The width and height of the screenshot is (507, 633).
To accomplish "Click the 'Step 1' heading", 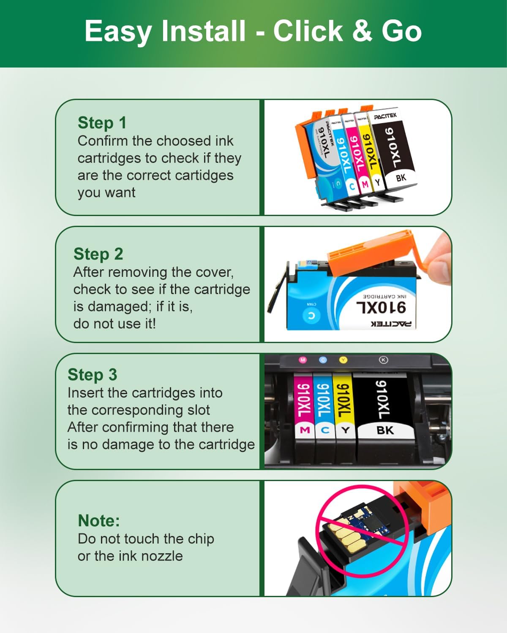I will [x=102, y=123].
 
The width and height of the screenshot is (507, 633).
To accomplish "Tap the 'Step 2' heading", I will [x=98, y=254].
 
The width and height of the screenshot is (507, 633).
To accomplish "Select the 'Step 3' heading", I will [x=92, y=375].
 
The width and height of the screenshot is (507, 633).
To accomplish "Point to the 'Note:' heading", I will [x=99, y=521].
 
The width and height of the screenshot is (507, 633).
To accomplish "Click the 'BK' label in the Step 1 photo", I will [x=401, y=178].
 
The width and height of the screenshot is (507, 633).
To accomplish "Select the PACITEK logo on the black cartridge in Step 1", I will [x=385, y=116].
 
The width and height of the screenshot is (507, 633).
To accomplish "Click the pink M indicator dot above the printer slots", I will [x=303, y=360].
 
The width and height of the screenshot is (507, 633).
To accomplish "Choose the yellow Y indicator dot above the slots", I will [x=343, y=360].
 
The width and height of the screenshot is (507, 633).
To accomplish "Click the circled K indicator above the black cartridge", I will [x=383, y=360].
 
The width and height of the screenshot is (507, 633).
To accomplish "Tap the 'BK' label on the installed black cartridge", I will [x=385, y=430].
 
